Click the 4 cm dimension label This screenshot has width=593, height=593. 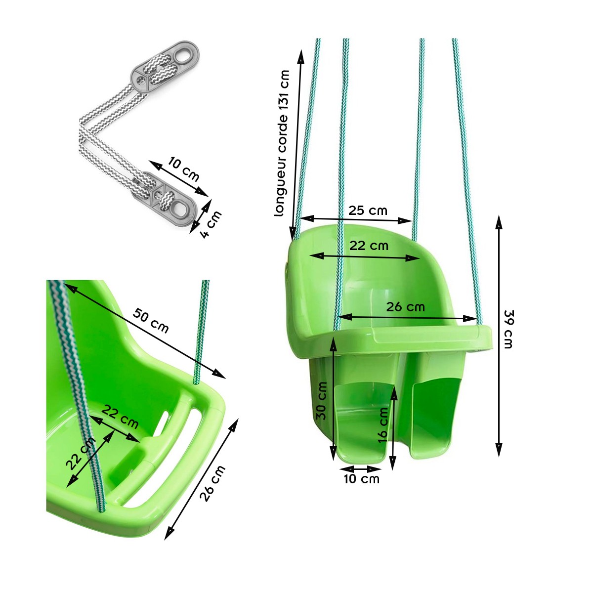[x=211, y=224]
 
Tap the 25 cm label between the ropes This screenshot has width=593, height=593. [x=368, y=211]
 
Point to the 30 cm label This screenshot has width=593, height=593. [x=322, y=401]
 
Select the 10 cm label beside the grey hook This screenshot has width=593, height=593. [x=184, y=169]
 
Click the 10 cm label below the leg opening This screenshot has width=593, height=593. [x=362, y=479]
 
